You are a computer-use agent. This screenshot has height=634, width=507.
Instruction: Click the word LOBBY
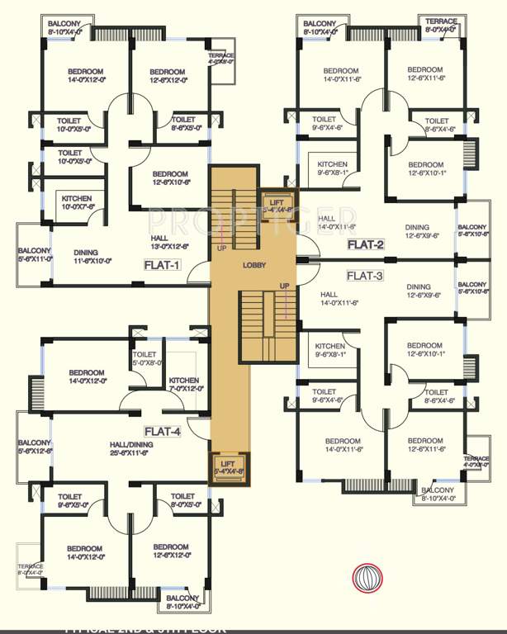click(x=253, y=265)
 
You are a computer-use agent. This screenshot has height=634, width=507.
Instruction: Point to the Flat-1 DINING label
click(x=93, y=256)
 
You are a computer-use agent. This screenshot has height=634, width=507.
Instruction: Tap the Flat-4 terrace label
click(x=31, y=570)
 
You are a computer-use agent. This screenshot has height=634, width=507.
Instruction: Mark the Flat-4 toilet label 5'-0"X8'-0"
click(x=148, y=359)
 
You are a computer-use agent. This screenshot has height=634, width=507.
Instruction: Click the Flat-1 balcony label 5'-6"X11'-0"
click(x=35, y=254)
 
